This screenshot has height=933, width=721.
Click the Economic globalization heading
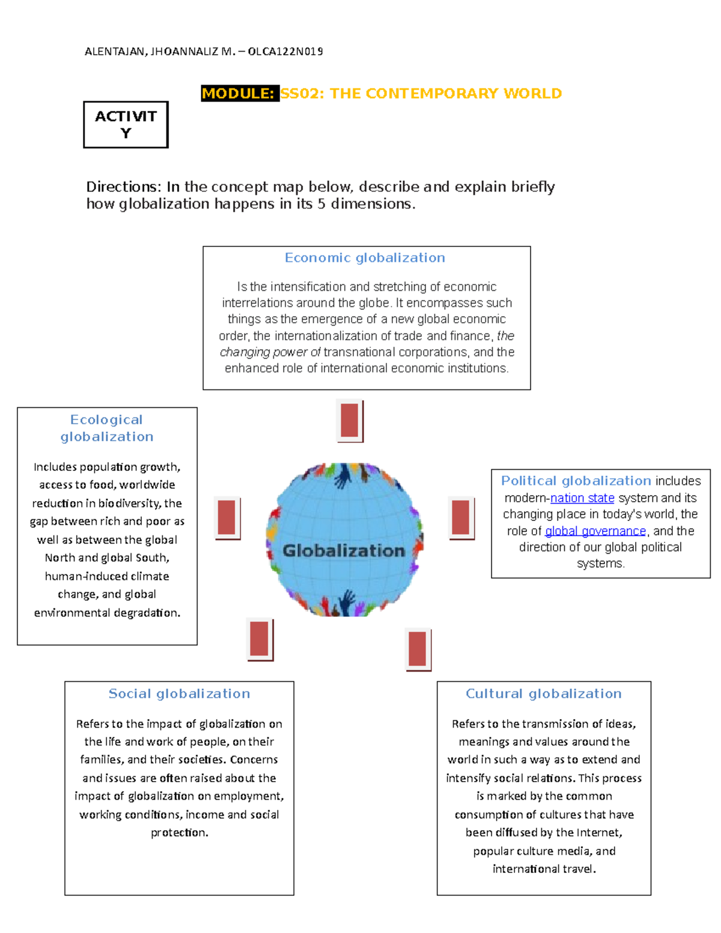(x=365, y=258)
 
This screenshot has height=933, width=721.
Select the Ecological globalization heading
(x=107, y=428)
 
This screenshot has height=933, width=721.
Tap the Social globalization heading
(x=179, y=693)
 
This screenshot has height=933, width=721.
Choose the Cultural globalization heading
(x=544, y=693)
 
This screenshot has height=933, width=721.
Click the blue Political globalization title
(x=576, y=481)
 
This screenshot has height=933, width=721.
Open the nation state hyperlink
(x=582, y=498)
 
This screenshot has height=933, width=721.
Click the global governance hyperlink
(x=595, y=531)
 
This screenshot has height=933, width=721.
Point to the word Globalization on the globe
(x=344, y=550)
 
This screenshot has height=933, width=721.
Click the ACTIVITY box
(x=126, y=124)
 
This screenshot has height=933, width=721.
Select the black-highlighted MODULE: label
(x=239, y=94)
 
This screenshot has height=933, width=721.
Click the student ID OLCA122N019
(x=285, y=52)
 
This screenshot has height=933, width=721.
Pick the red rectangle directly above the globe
(x=349, y=421)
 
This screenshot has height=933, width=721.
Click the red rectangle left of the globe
(x=227, y=517)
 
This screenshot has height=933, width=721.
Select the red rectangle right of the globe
(x=460, y=517)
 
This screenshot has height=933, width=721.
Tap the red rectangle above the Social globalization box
(x=260, y=639)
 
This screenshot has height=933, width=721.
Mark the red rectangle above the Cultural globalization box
(x=418, y=649)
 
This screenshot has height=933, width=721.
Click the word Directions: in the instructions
(x=123, y=187)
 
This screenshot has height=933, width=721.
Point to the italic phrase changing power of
(x=270, y=352)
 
